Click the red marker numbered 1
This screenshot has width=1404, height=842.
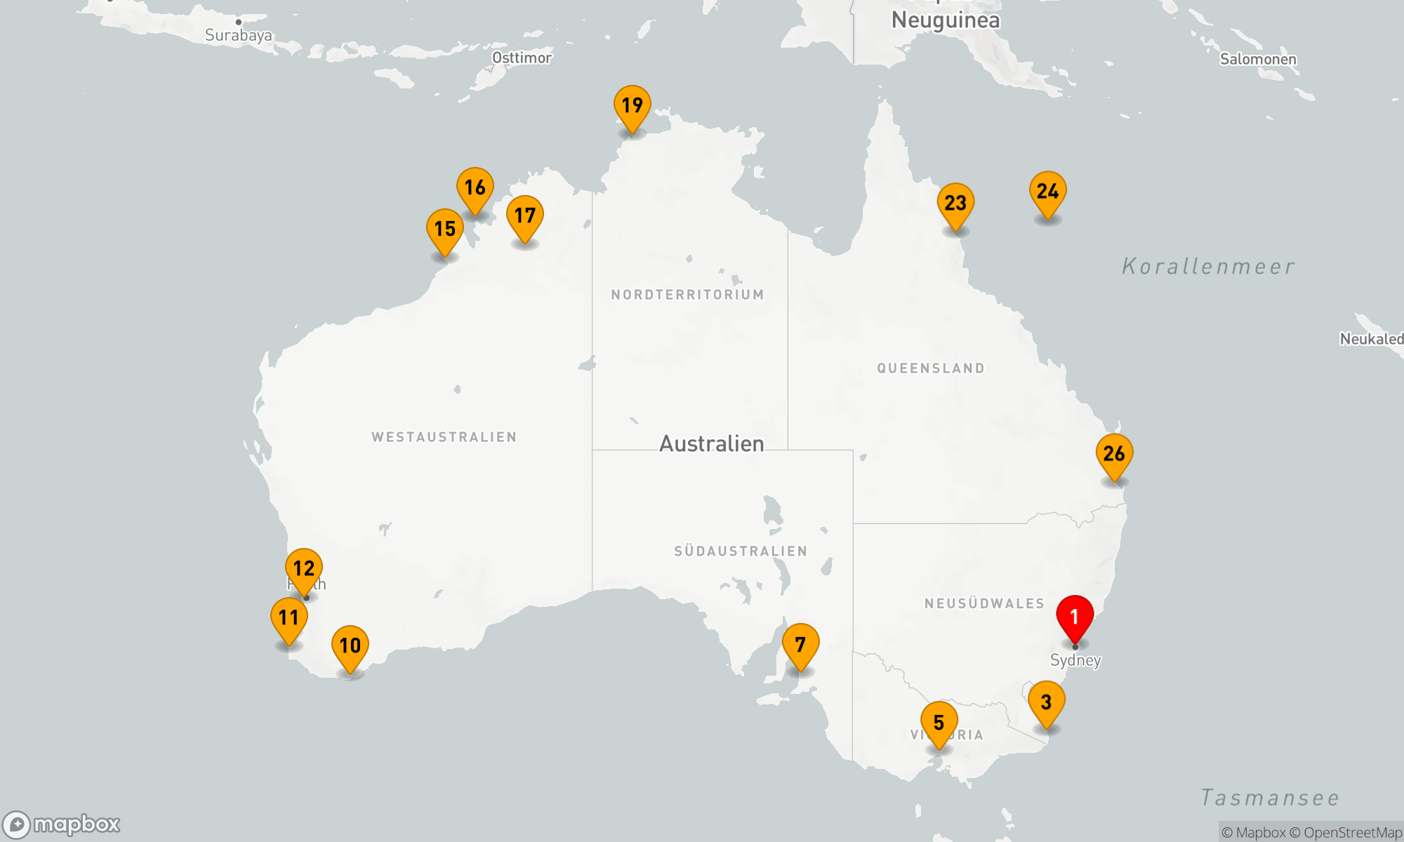pos(1075,617)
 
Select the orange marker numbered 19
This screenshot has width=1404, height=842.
pos(632,106)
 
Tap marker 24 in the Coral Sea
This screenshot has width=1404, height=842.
pos(1047,192)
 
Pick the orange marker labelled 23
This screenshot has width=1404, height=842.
pos(955,203)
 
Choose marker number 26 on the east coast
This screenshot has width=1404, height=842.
pos(1114,454)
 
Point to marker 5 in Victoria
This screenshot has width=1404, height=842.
pos(939,723)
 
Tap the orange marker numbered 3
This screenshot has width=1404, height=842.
pos(1046,702)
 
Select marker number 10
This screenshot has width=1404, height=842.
pos(350,646)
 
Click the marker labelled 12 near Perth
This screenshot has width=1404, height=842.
pos(304,568)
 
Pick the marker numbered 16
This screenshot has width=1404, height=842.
pos(475,188)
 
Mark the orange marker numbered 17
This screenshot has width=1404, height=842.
pos(524,216)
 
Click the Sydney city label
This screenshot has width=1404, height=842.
pos(1075,660)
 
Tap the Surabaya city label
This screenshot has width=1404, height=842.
pos(239,35)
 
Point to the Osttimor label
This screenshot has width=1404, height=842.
pos(522,58)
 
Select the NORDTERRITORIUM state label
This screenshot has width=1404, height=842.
pos(687,295)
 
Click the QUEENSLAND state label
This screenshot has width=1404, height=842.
pos(931,368)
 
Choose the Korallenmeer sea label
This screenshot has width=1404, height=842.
pos(1208,267)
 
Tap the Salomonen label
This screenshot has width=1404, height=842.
pos(1258,60)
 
